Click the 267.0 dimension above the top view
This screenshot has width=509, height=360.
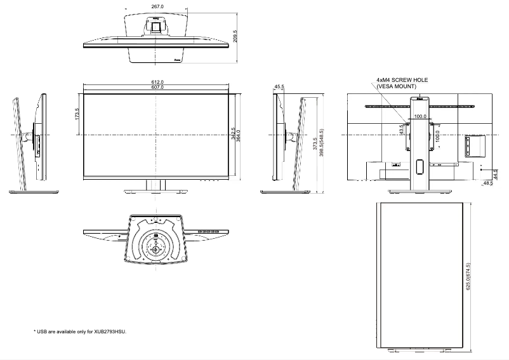click(157, 6)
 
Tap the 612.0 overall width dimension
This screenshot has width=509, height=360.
click(157, 82)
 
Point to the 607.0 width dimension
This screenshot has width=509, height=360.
click(157, 87)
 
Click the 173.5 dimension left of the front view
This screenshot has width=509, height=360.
click(77, 114)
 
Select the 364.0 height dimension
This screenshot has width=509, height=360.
click(239, 135)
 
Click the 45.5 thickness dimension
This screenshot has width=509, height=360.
click(279, 86)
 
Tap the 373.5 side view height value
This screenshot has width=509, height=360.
click(315, 144)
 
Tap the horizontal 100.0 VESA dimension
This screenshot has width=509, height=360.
click(420, 117)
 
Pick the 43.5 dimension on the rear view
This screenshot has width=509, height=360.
click(401, 130)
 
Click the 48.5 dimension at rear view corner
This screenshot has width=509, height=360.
click(487, 183)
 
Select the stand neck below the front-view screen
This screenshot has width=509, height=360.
click(156, 184)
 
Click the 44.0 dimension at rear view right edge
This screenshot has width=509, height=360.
click(495, 173)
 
